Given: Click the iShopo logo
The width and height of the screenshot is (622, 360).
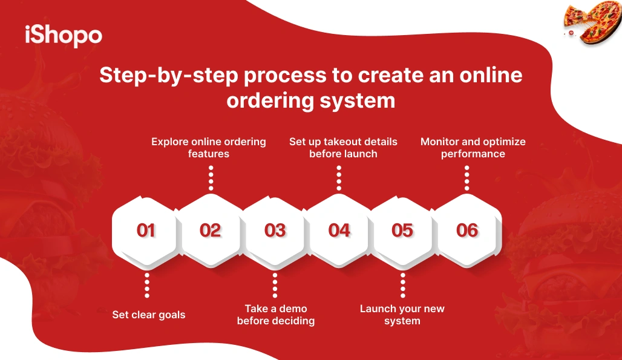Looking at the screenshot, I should (x=64, y=35).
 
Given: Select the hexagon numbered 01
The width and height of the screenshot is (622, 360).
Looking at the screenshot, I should (x=146, y=231).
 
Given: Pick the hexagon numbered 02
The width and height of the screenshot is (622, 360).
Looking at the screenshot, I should (x=211, y=231).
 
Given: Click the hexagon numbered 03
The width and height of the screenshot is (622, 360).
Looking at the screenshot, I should (x=275, y=231).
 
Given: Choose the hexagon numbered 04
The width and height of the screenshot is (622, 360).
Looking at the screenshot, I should (x=339, y=231).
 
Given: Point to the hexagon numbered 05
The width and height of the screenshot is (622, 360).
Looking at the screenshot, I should (x=402, y=231).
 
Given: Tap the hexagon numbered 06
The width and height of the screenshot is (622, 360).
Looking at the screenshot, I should (x=467, y=231).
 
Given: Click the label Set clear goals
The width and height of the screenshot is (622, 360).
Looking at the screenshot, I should (x=149, y=315).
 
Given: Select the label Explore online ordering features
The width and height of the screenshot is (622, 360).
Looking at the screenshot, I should (x=209, y=148).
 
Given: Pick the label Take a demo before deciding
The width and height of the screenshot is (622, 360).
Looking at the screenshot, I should (x=276, y=315).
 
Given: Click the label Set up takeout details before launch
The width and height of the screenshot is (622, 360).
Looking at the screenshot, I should (x=343, y=148).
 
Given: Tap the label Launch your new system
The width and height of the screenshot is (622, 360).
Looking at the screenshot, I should (x=402, y=315).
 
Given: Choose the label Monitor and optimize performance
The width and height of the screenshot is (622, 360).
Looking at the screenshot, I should (x=473, y=148).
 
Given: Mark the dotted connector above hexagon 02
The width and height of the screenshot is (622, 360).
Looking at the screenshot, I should (x=211, y=178).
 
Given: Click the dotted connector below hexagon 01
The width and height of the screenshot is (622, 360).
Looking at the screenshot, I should (x=146, y=285).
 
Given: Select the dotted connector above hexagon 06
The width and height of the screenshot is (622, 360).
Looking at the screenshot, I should (x=467, y=178).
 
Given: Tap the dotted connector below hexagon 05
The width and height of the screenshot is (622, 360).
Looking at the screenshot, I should (x=402, y=285).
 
